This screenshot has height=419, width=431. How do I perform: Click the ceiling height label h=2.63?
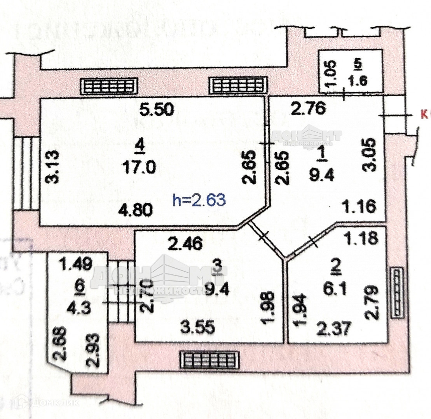pos(199,200)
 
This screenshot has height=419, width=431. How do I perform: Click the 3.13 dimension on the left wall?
pos(53,167)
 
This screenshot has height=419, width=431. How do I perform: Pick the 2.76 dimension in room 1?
pos(308,109)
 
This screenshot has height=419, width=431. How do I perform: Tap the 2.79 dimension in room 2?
pos(370,302)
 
